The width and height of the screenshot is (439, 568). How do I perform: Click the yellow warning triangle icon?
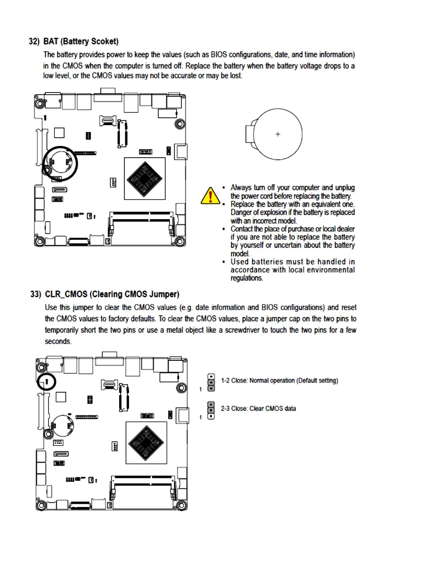coord(210,196)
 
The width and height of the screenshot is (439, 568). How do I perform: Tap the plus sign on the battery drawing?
coord(278,134)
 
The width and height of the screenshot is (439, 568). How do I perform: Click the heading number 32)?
coord(34,42)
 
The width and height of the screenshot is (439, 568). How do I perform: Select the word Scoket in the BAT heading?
coord(104,42)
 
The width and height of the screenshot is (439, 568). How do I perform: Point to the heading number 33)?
coord(36,294)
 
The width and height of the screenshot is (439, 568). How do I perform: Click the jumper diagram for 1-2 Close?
coord(211,382)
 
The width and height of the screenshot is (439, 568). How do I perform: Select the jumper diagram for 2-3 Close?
coord(211,410)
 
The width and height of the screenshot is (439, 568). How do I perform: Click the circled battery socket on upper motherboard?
coord(60,164)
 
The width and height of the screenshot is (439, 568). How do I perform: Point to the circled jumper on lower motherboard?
coord(47,382)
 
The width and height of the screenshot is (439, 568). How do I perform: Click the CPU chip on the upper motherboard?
coord(145,179)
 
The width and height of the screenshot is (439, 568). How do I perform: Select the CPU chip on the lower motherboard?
coord(146,442)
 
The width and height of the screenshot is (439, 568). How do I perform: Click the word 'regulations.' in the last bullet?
coord(246,278)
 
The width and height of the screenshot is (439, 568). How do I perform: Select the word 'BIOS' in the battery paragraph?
coord(218,55)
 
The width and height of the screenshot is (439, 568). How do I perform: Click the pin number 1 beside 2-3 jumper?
coord(200,417)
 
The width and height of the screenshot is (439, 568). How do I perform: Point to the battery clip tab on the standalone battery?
coord(250,134)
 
